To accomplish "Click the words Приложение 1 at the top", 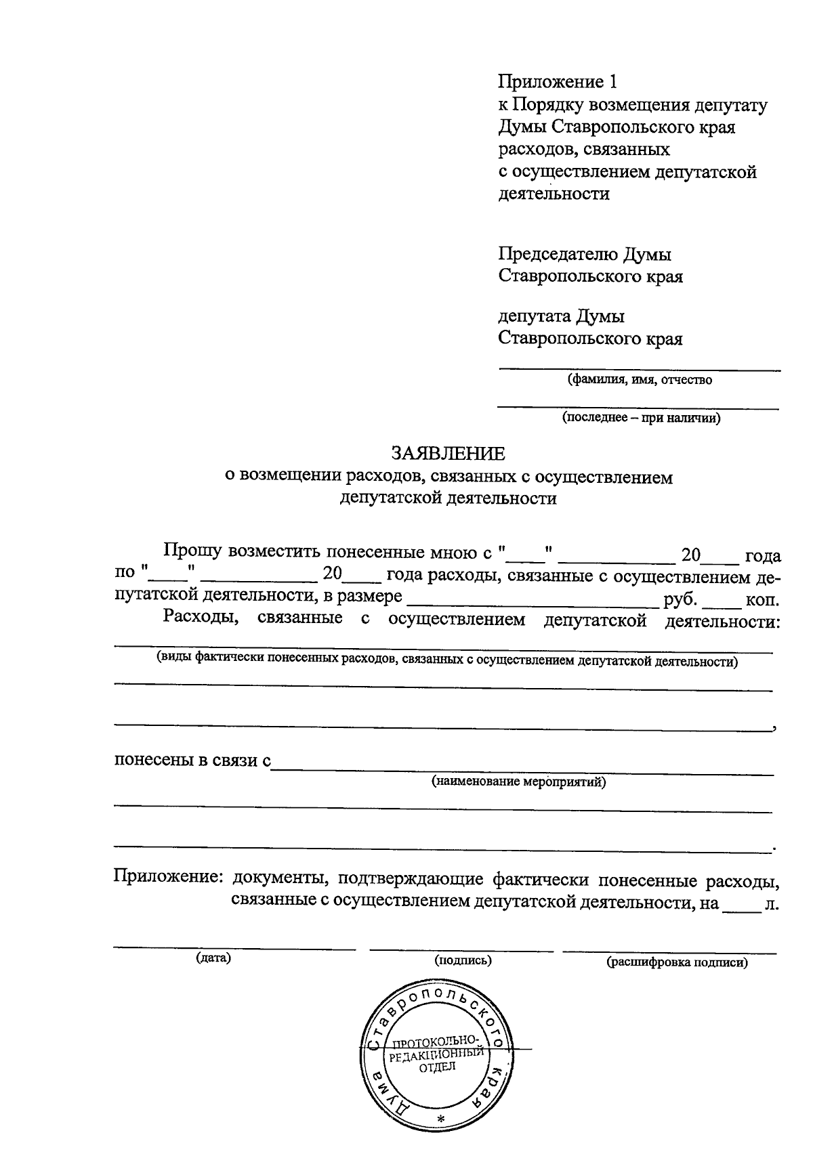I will click(558, 82).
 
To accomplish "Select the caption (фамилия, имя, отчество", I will click(640, 380).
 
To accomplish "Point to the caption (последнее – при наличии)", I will click(641, 418).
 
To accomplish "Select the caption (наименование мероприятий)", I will click(519, 782).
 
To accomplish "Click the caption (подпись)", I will click(463, 960).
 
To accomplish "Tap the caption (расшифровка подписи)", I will click(677, 962).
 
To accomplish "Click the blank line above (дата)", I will click(234, 947).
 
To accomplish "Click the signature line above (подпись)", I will click(461, 949).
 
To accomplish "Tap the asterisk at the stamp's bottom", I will click(440, 1118).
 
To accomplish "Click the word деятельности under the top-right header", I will click(554, 194).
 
